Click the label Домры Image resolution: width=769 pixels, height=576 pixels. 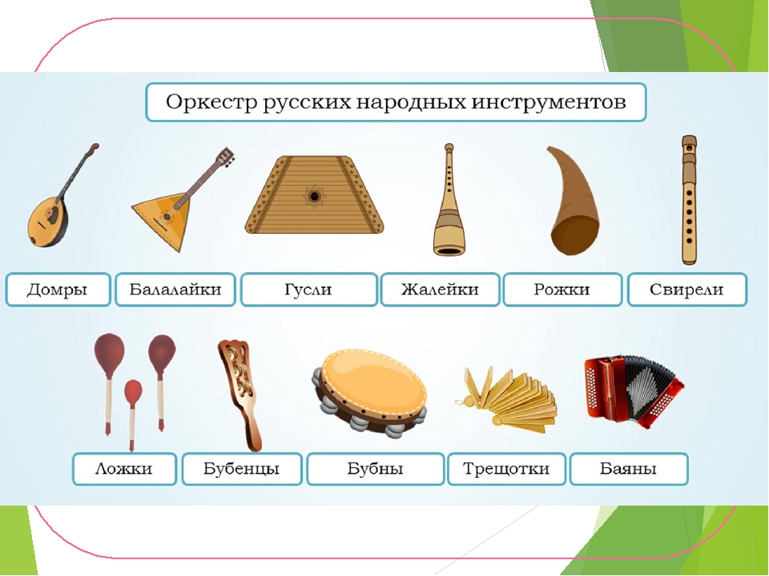point(58,290)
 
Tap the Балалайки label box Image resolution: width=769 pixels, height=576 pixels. point(175,290)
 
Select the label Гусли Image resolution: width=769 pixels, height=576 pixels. point(308,290)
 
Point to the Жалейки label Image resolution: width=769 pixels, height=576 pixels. point(440,290)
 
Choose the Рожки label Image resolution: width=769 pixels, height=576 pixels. point(562,290)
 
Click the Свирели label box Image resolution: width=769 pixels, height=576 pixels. point(686,290)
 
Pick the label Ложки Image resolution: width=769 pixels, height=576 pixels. point(123,469)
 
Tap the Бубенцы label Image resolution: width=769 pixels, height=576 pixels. point(241,469)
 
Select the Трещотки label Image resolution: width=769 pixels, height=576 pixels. point(506,469)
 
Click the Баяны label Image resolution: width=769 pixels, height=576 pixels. point(628,469)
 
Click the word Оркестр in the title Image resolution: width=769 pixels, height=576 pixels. point(211,102)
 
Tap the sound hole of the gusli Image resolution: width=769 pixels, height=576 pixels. point(314,197)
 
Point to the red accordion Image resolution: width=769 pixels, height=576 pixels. point(634,390)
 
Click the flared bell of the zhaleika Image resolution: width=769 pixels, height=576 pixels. point(449,239)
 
